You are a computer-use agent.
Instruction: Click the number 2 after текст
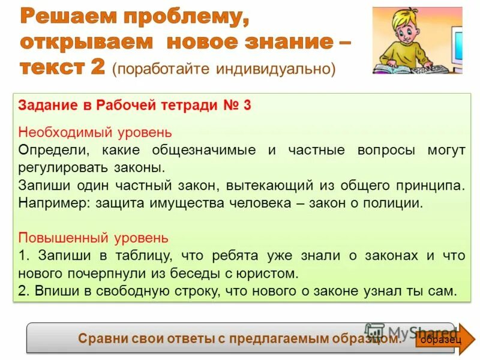[98, 67]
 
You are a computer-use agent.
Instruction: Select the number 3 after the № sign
[247, 106]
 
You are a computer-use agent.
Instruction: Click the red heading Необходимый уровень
[95, 132]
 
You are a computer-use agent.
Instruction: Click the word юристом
[269, 274]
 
